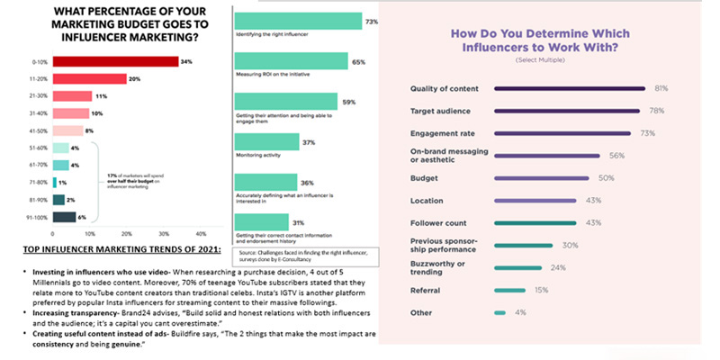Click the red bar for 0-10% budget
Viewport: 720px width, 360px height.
121,62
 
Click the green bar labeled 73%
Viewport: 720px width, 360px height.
296,21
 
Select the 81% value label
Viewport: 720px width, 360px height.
661,88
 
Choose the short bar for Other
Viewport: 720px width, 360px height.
499,312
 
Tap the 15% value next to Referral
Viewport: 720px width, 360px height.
540,290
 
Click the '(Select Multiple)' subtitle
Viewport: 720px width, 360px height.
538,59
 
